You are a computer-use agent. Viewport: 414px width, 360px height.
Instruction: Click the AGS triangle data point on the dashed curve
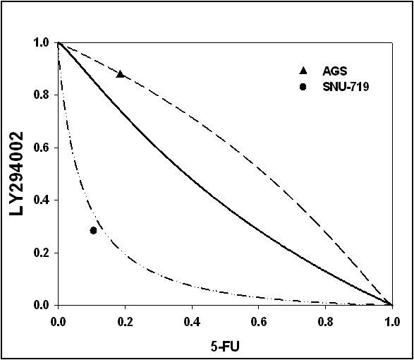121,74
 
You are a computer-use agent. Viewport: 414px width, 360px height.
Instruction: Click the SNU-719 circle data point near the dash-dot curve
93,231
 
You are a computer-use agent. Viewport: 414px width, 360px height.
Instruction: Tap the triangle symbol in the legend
303,71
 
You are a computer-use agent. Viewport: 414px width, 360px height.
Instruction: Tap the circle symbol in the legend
303,87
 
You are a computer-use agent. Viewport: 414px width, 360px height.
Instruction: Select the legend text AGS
335,71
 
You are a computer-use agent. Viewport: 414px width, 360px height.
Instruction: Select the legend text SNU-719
346,87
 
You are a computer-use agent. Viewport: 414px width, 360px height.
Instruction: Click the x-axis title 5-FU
225,347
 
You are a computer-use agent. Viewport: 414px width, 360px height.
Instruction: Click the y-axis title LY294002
16,174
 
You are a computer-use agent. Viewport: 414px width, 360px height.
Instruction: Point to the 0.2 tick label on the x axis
125,322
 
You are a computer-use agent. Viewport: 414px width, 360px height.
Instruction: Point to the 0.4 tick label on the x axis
192,322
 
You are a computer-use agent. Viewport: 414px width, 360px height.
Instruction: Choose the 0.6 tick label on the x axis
259,322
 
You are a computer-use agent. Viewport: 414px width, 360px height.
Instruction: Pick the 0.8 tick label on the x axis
326,322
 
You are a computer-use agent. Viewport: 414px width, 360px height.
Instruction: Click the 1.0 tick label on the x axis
393,322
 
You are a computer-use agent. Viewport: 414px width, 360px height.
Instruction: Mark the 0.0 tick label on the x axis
58,322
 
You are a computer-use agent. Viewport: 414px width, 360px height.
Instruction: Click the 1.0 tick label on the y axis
42,42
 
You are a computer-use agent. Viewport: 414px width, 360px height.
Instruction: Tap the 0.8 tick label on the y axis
42,95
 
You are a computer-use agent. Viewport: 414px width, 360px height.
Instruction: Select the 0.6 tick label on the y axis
42,148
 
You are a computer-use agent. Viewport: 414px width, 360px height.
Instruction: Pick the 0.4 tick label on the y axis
42,200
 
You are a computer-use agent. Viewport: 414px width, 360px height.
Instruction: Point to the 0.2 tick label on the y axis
42,253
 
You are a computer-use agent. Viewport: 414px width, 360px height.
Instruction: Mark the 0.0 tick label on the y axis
42,305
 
